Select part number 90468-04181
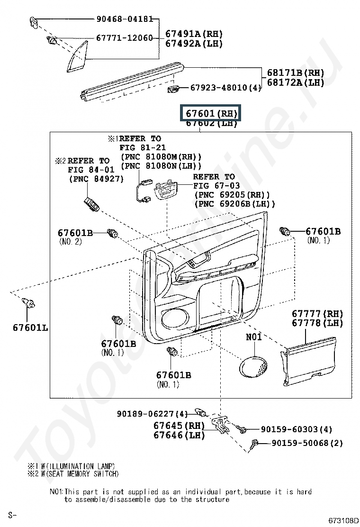[124, 19]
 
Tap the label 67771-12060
[125, 37]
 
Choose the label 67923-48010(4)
[226, 88]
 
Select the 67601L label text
[30, 327]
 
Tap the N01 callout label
[253, 337]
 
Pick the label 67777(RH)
[317, 314]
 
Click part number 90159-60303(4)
[296, 429]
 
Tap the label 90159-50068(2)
[307, 444]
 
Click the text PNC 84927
[96, 179]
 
